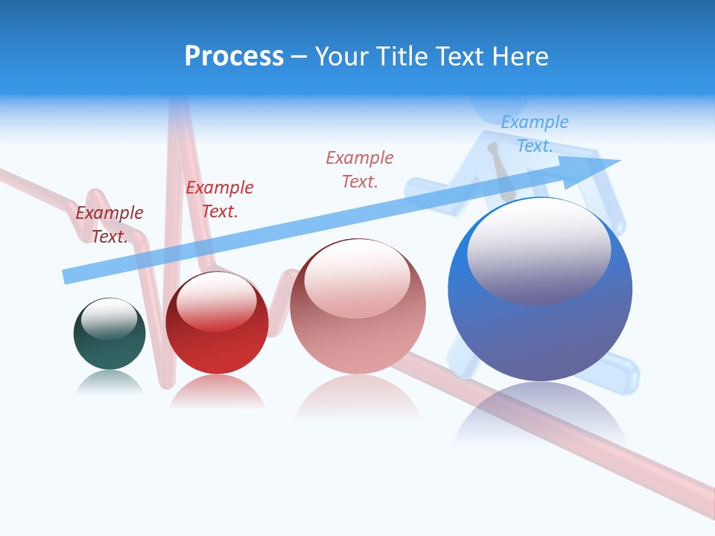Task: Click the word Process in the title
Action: coord(234,57)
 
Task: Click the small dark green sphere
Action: coord(109,334)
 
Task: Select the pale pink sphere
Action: coord(357,307)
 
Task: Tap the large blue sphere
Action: coord(540,290)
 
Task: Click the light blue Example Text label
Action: coord(534,134)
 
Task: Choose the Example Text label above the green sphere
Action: coord(109,225)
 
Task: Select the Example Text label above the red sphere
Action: coord(220,200)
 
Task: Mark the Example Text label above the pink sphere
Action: coord(360,169)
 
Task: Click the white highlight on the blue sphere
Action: coord(538,249)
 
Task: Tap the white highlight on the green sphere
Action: coord(109,318)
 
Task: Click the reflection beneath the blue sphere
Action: coord(540,413)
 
